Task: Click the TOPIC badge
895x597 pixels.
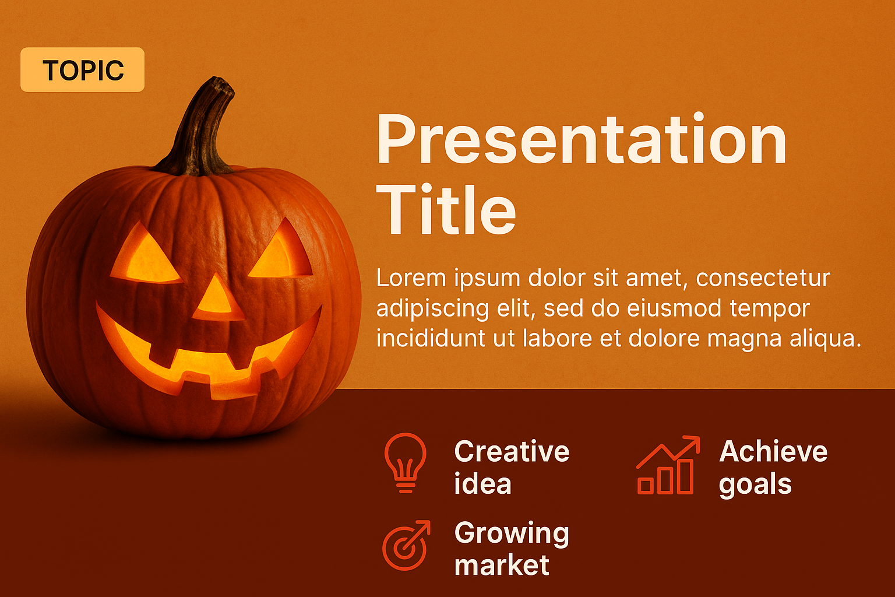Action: [x=82, y=69]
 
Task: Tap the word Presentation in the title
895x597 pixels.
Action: [x=582, y=139]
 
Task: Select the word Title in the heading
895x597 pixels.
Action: [x=446, y=208]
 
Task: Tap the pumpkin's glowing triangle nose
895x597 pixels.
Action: [x=218, y=298]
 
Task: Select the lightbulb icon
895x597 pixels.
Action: [x=405, y=463]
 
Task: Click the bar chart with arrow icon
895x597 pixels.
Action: [x=668, y=465]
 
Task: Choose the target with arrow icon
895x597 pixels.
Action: [x=406, y=545]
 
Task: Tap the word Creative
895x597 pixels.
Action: [x=512, y=451]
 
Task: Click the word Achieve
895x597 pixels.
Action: [x=773, y=451]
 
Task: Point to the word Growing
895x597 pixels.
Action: [x=512, y=534]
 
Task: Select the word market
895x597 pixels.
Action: [x=502, y=565]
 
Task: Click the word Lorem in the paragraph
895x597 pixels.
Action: [x=411, y=278]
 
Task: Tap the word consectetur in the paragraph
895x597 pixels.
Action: [x=763, y=278]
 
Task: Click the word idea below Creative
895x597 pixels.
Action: [x=482, y=483]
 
